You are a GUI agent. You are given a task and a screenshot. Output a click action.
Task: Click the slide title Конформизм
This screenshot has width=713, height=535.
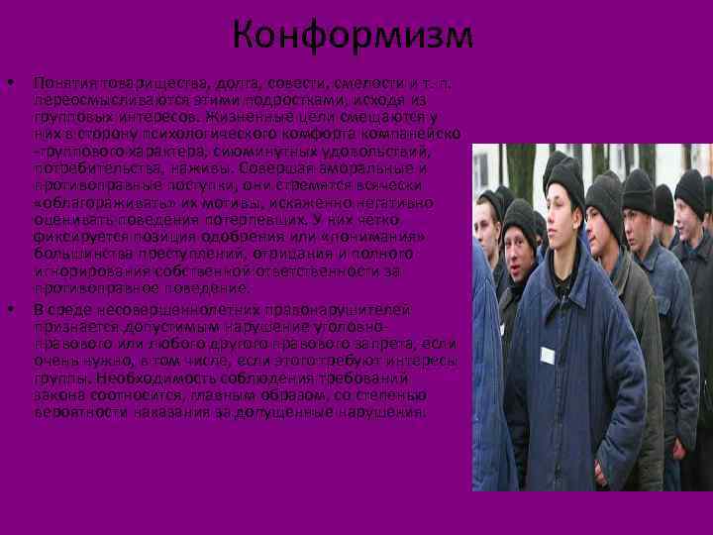coord(354,37)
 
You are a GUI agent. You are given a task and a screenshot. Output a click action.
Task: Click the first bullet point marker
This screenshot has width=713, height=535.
coord(10,81)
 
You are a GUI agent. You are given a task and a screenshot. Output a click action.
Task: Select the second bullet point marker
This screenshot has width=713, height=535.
coord(10,308)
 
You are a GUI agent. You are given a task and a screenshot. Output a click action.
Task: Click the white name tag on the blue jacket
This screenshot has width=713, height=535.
coord(547,355)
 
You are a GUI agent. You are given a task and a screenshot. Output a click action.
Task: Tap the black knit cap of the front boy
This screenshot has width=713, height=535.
coord(565,176)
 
